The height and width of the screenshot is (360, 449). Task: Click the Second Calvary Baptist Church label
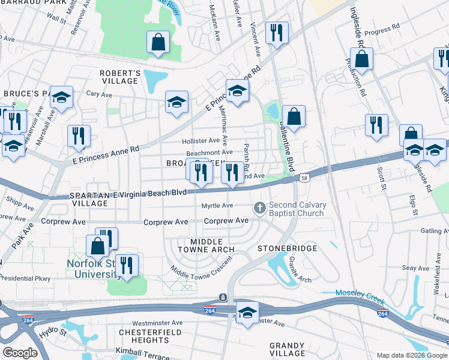(297, 209)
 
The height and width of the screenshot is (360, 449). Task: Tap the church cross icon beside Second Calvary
(260, 208)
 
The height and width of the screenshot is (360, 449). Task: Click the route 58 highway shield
(306, 178)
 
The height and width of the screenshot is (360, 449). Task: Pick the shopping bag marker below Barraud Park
(158, 43)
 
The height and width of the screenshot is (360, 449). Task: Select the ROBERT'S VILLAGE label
(120, 77)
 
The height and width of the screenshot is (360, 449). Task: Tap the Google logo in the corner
(20, 353)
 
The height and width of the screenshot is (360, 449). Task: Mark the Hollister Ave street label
(201, 141)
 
